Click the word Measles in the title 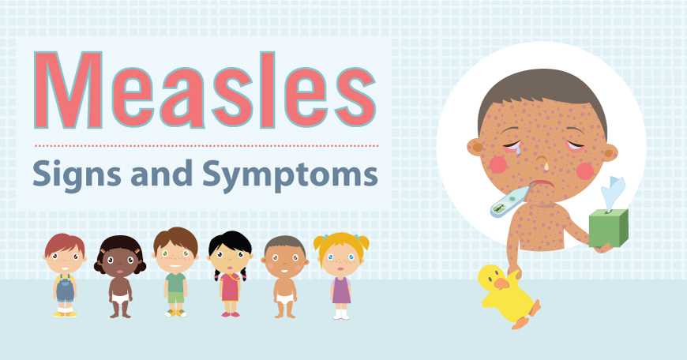(x=205, y=90)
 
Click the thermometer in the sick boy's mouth (x=506, y=204)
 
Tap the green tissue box (x=609, y=227)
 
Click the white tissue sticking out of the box (x=614, y=193)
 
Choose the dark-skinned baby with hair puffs (x=120, y=276)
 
